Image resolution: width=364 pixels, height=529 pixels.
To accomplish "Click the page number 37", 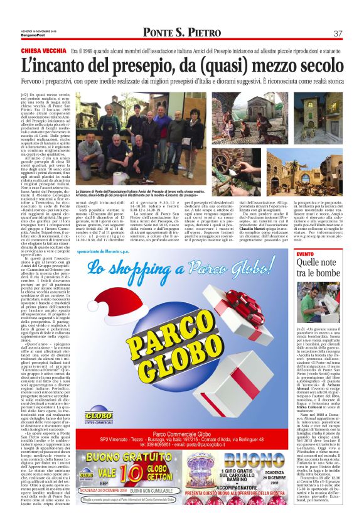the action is pos(338,33).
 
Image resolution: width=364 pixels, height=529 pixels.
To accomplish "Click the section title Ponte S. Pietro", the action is pos(181,33).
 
